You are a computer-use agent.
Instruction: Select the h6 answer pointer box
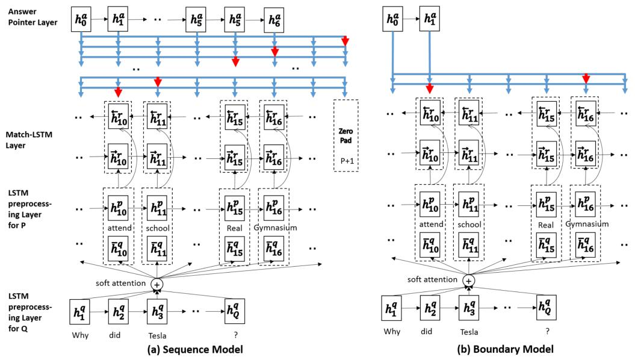click(274, 19)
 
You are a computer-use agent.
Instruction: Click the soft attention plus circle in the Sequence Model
click(157, 284)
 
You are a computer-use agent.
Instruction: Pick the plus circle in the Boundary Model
click(469, 280)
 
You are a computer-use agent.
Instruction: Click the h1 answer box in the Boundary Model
click(429, 19)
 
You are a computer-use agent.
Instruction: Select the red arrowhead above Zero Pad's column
click(345, 40)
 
